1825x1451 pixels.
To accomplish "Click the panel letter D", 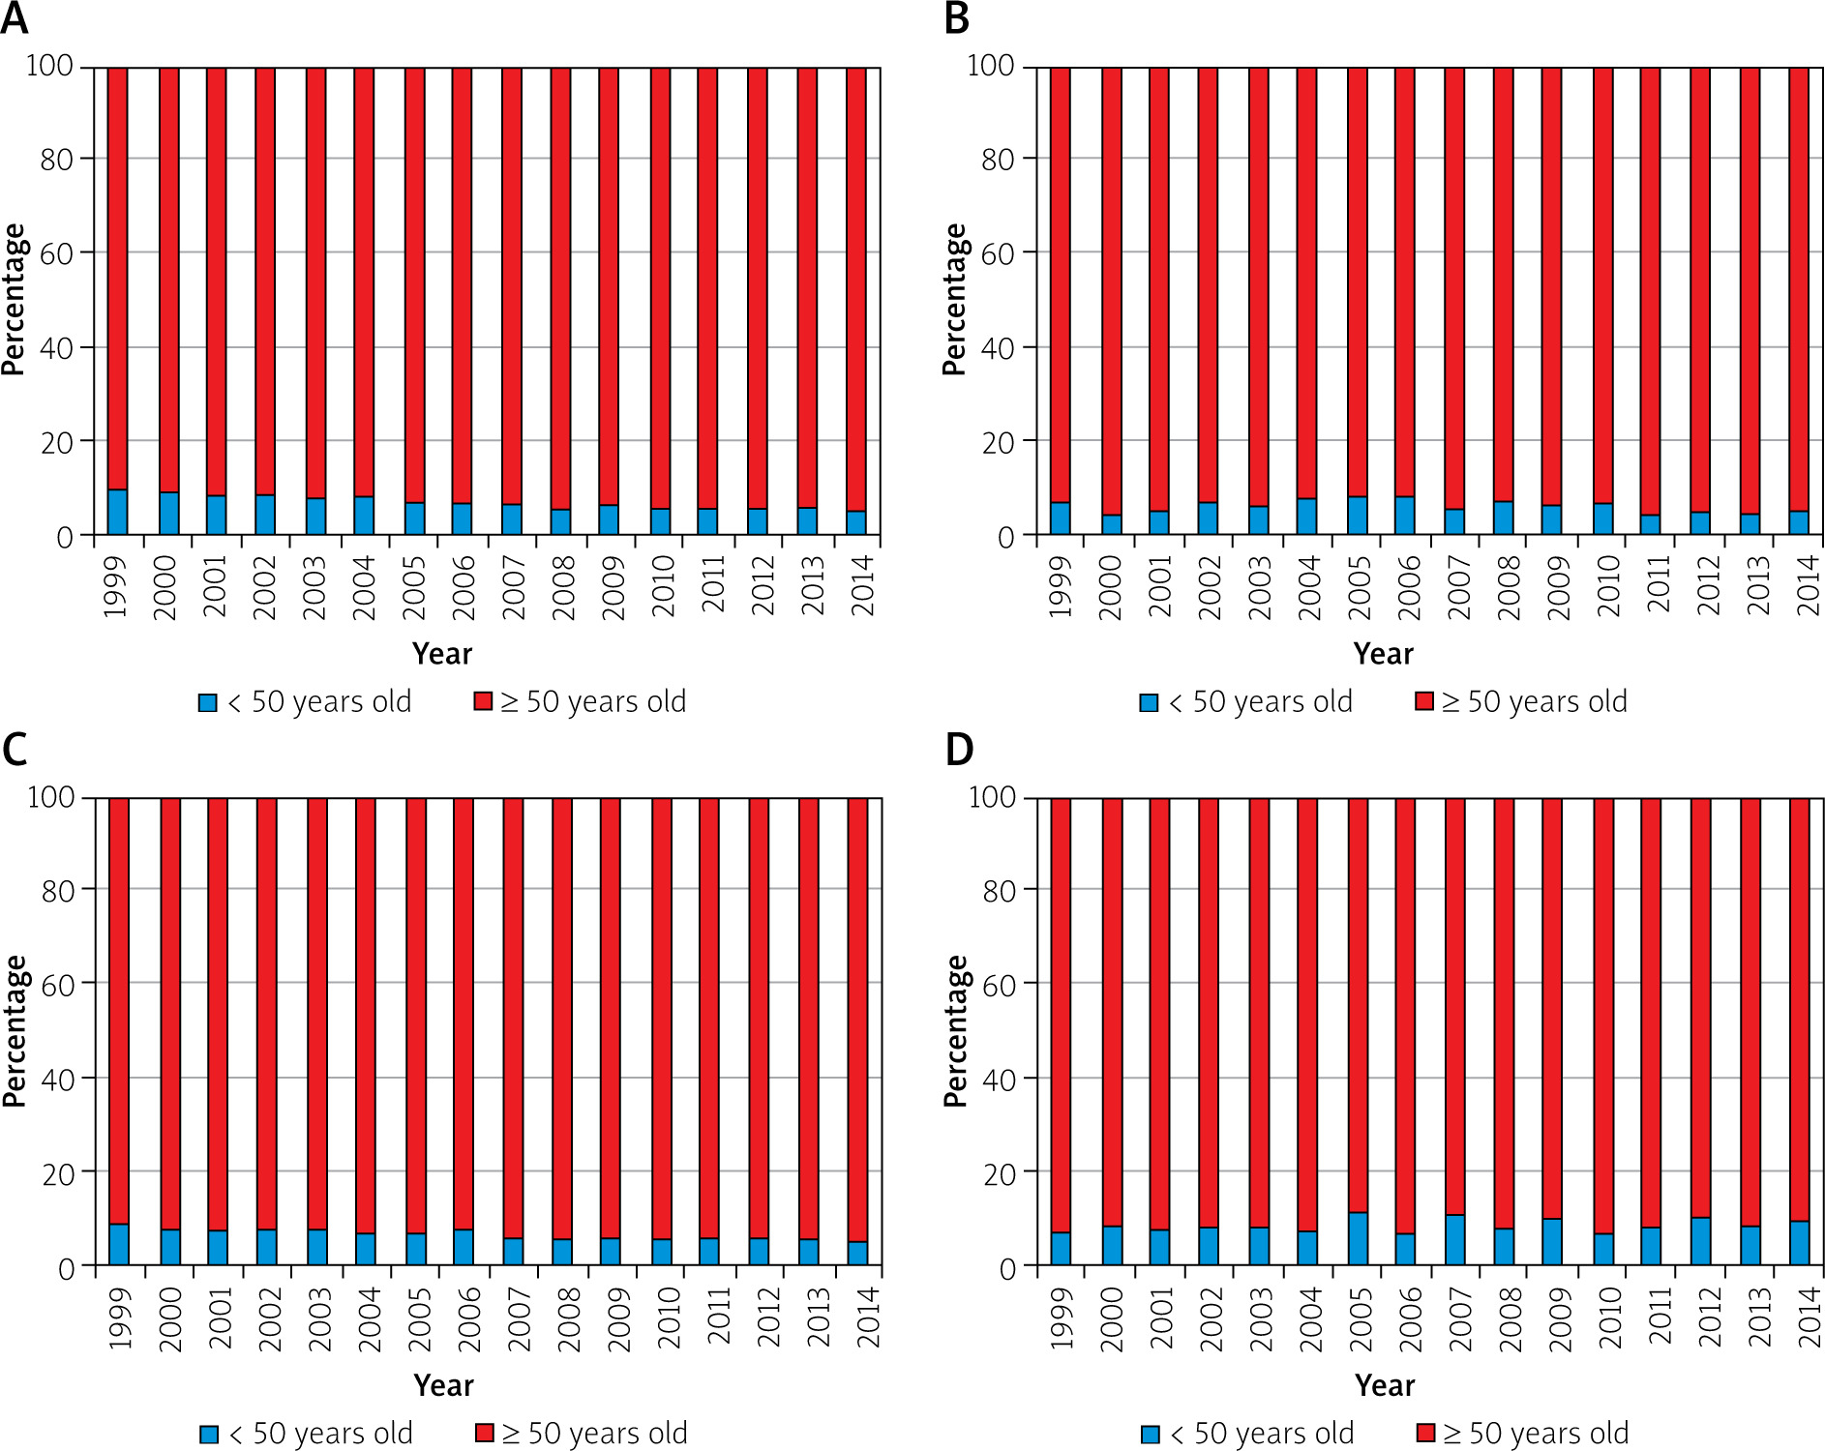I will pos(958,750).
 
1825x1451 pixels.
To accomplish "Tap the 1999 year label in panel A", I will pos(116,586).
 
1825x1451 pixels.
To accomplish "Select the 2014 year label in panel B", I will pos(1808,586).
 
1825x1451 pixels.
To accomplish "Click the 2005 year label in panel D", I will pos(1360,1318).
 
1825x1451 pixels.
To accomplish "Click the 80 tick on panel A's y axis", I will pos(56,160).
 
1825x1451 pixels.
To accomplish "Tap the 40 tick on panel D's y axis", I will pos(999,1080).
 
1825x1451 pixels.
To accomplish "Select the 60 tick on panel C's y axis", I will pos(58,985).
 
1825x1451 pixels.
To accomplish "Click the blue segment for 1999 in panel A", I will pos(117,513).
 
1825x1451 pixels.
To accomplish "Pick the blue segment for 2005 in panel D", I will pos(1358,1239).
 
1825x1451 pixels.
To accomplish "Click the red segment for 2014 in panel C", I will pos(857,1016).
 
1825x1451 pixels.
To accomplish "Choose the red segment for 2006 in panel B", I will pos(1405,281).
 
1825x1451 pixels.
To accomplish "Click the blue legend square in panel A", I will pos(207,703).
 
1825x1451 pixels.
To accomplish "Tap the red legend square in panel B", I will pos(1423,701).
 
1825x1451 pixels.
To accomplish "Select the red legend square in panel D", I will pos(1425,1433).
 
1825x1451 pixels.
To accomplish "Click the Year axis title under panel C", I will pos(443,1385).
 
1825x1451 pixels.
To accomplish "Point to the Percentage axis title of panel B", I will pos(954,300).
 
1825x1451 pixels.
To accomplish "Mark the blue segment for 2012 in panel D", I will pos(1700,1241).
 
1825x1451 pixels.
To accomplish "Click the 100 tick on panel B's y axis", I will pos(990,66).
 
